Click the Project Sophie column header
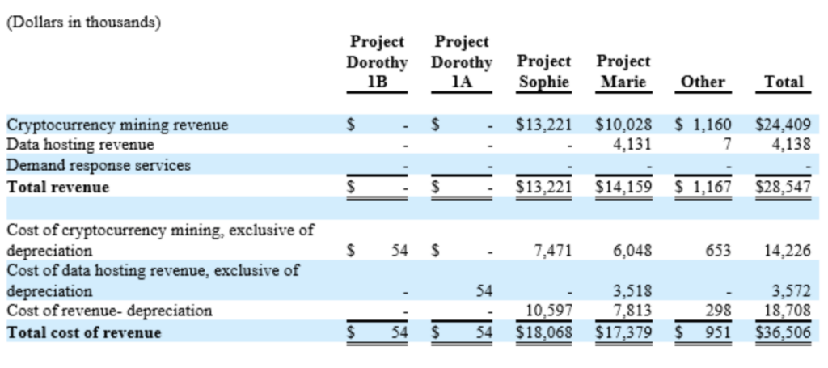click(x=543, y=71)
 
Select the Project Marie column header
click(x=623, y=71)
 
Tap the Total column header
click(x=784, y=82)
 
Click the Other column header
click(x=703, y=82)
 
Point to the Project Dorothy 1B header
click(x=377, y=61)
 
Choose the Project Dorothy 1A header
click(x=462, y=61)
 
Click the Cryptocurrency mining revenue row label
click(x=117, y=125)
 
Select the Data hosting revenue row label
click(x=80, y=145)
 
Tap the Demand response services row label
click(x=99, y=165)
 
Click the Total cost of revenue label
click(x=84, y=332)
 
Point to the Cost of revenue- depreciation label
click(x=109, y=311)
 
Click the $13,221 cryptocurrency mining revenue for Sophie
click(x=544, y=125)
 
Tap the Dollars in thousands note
click(x=83, y=23)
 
